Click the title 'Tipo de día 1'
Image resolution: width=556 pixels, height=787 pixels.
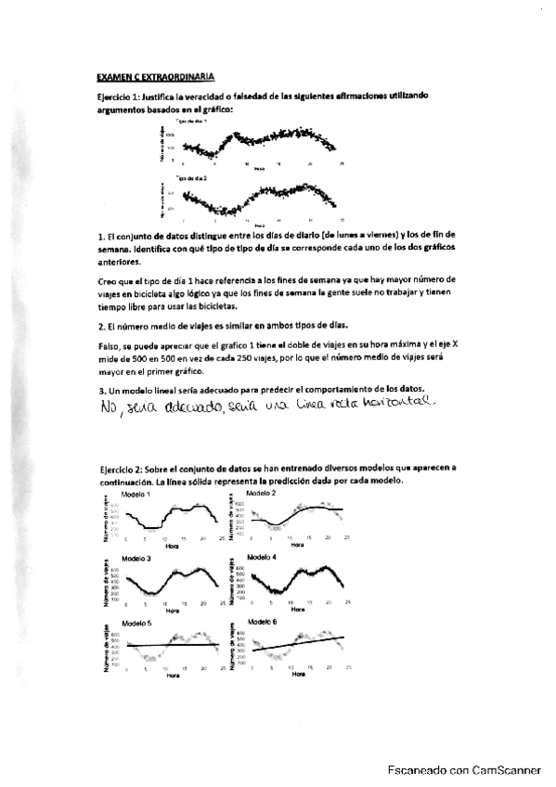[x=192, y=122]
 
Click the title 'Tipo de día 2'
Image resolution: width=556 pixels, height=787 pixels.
[x=192, y=176]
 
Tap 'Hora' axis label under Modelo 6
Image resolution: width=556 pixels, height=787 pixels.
[x=297, y=675]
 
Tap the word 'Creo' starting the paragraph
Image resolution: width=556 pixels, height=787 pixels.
[x=108, y=279]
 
